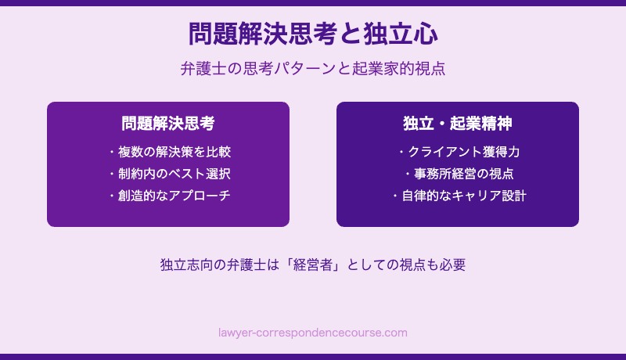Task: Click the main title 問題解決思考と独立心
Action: [x=313, y=34]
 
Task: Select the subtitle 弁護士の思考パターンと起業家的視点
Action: [x=313, y=69]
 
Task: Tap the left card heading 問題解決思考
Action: [x=168, y=124]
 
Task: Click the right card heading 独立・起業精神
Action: [x=458, y=124]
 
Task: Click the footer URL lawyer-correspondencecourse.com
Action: [x=313, y=333]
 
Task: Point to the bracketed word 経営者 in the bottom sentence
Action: [x=313, y=265]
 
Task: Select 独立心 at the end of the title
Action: [x=401, y=34]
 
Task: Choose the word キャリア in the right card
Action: [x=476, y=196]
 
